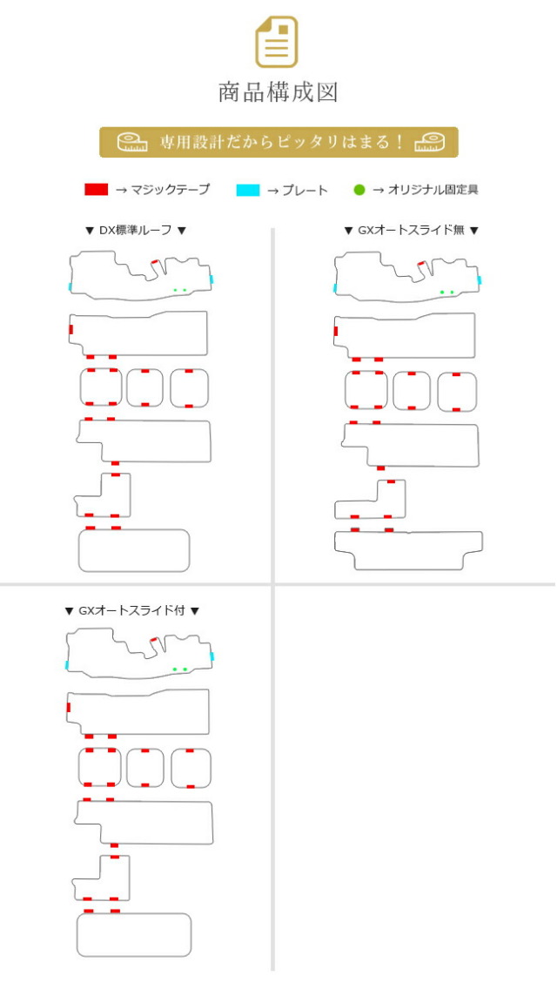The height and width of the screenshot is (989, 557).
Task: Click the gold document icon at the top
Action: pos(276,43)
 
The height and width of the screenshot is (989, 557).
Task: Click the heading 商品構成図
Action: pos(278,92)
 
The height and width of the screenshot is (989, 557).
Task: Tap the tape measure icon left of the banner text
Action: pos(131,142)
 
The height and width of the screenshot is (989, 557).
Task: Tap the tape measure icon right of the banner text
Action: pos(429,142)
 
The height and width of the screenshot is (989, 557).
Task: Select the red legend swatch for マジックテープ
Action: pos(96,189)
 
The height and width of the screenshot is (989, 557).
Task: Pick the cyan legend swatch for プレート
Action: pos(248,190)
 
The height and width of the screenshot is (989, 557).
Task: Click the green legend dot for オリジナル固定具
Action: pos(359,190)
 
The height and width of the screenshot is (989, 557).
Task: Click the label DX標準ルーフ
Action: pos(136,230)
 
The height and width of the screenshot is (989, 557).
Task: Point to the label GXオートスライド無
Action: pos(412,230)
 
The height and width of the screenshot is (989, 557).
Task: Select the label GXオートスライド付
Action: pos(131,610)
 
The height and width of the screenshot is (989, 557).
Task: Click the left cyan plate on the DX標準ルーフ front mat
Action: pos(70,286)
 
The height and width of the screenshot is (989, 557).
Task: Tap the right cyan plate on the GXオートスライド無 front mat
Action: pos(480,280)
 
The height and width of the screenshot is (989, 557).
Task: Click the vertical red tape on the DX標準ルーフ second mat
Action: pos(70,329)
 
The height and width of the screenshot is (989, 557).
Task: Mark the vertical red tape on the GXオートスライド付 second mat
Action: pos(68,707)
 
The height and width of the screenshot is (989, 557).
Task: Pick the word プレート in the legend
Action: pos(305,190)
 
